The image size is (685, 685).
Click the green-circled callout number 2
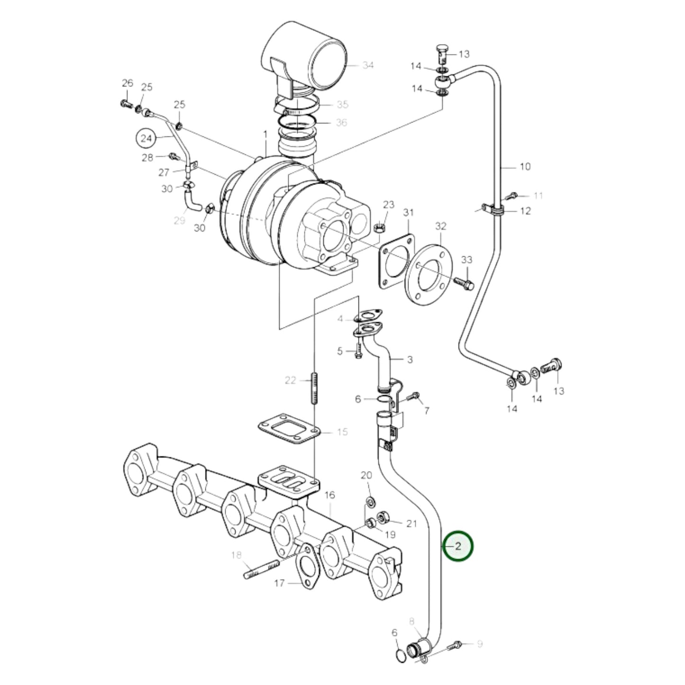click(x=458, y=546)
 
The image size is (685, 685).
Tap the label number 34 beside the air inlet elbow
click(x=368, y=65)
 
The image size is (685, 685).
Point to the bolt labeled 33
click(x=464, y=283)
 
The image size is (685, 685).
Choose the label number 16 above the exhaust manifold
click(x=330, y=495)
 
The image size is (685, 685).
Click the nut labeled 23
click(x=379, y=228)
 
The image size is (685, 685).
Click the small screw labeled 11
click(x=511, y=195)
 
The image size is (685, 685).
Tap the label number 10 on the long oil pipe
click(x=525, y=166)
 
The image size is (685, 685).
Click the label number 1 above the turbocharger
click(x=265, y=136)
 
